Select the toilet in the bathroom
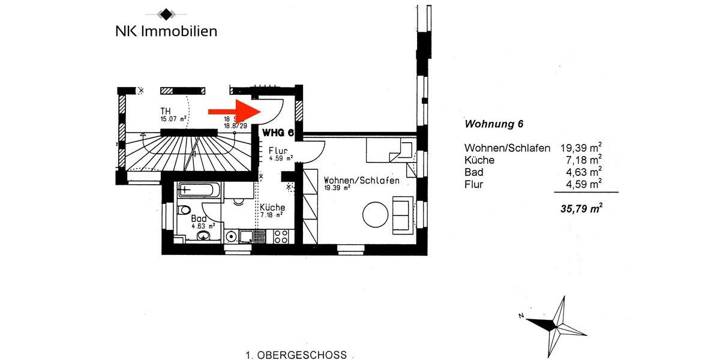point(184,210)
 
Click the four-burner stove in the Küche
point(281,236)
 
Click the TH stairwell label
point(165,112)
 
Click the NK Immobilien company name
point(166,31)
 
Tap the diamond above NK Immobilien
point(166,13)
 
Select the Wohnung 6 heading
point(494,125)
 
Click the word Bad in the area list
point(473,173)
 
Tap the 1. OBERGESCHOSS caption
point(296,355)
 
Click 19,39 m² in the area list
point(581,148)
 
